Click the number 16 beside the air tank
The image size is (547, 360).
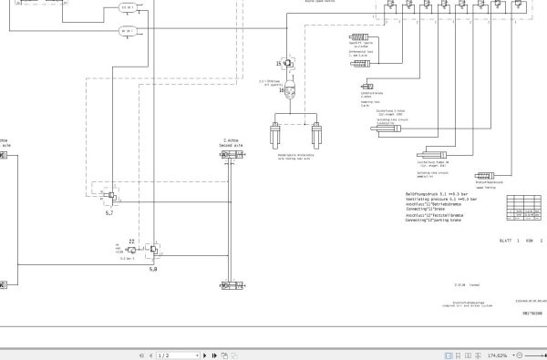tap(283, 90)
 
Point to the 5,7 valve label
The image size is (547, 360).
tap(109, 212)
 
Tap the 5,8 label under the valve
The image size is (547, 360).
tap(152, 270)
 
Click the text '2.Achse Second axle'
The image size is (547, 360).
tap(232, 143)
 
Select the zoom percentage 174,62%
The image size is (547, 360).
tap(498, 355)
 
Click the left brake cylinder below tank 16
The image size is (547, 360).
tap(273, 138)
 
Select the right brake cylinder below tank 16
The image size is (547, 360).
tap(318, 138)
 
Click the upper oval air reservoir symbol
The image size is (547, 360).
tap(127, 8)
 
